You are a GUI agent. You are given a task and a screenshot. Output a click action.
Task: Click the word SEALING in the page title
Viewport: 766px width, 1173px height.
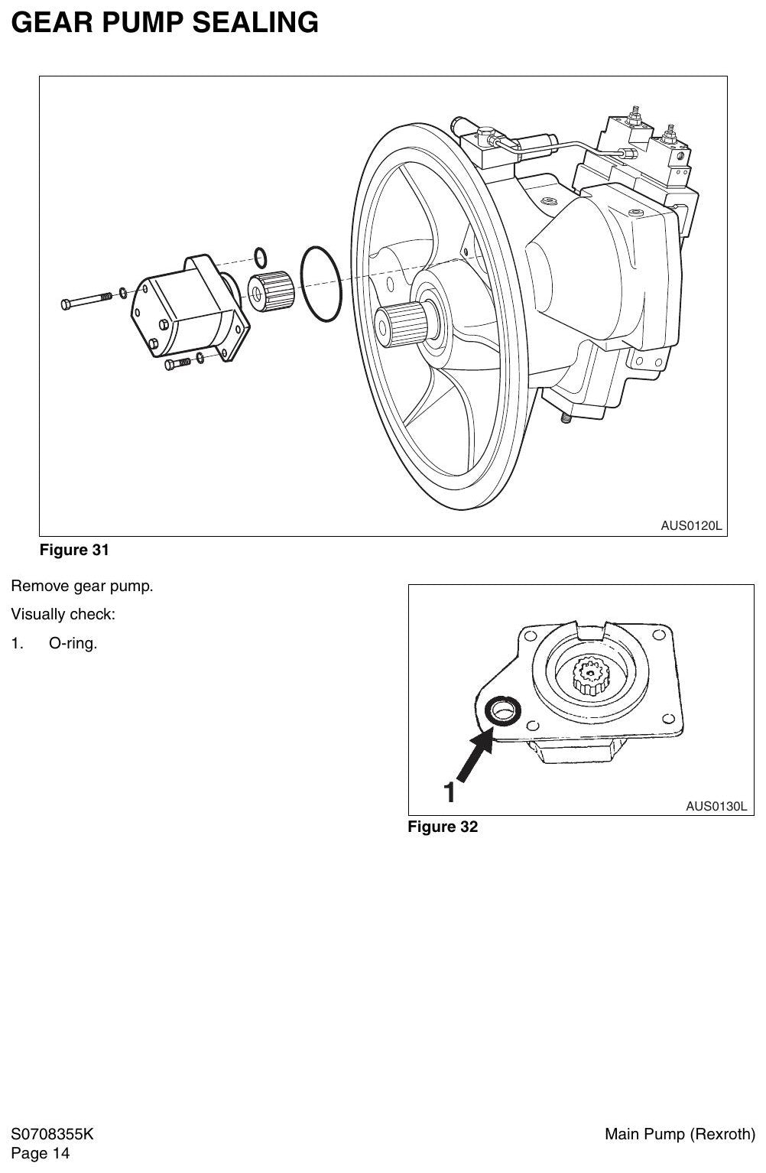coord(255,23)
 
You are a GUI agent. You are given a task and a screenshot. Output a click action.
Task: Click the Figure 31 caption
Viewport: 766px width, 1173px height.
coord(74,550)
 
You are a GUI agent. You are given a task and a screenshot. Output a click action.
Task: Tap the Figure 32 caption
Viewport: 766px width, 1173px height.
coord(443,827)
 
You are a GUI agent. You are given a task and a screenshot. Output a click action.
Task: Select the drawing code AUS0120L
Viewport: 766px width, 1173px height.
coord(691,525)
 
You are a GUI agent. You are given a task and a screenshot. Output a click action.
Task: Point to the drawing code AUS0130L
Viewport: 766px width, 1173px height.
coord(716,806)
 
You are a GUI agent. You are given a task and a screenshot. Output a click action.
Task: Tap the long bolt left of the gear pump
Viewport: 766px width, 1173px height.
coord(86,301)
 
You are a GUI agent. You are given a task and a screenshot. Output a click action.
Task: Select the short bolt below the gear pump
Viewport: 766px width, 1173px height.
coord(177,363)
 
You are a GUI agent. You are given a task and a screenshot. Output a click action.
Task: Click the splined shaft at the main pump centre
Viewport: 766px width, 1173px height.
coord(402,324)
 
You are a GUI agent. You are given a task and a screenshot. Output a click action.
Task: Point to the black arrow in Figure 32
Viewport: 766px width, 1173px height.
coord(475,755)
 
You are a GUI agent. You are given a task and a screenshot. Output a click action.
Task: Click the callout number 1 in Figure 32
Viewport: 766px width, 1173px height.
coord(450,793)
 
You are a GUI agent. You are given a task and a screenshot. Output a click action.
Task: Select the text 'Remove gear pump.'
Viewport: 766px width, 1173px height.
coord(83,586)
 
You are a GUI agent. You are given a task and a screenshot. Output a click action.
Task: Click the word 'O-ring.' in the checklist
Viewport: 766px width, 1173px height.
coord(73,643)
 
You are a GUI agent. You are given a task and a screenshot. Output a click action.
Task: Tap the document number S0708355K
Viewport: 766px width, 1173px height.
coord(52,1134)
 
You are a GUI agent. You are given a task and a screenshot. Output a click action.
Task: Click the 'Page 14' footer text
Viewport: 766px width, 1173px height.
coord(41,1153)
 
